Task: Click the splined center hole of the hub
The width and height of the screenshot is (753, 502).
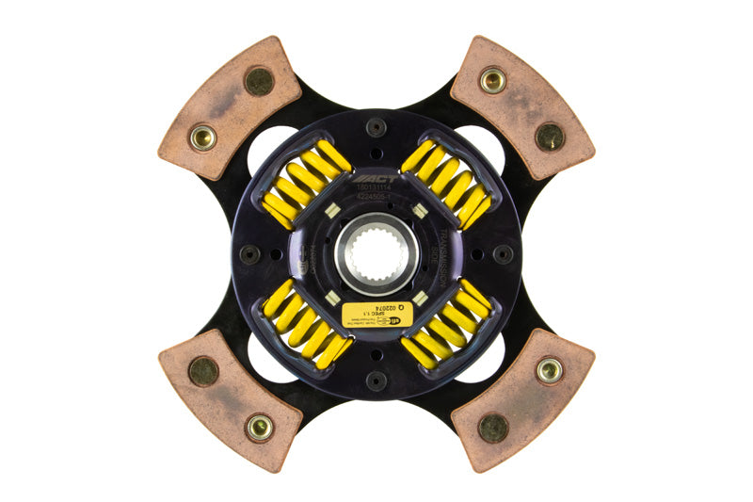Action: [376, 251]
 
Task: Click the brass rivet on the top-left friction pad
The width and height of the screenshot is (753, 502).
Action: [202, 138]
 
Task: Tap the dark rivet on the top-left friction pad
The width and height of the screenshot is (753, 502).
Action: [259, 81]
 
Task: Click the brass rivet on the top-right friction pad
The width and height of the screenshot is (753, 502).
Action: [492, 80]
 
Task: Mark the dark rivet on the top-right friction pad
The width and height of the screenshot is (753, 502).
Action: [550, 137]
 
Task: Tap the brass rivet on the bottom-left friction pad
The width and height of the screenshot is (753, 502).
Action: [260, 427]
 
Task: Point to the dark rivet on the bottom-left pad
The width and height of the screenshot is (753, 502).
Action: [202, 370]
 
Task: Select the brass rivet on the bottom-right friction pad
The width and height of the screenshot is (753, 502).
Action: [550, 370]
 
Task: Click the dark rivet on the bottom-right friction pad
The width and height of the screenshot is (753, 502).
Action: [493, 428]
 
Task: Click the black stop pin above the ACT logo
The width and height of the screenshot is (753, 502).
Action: [376, 127]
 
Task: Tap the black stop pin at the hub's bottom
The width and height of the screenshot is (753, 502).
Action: [376, 381]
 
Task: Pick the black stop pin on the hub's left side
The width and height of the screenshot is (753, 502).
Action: [249, 254]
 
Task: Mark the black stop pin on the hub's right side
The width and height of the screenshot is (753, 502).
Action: [504, 253]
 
